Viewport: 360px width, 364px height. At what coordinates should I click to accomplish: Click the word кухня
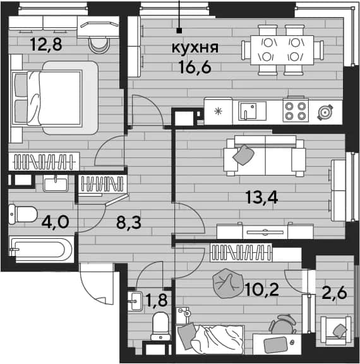(x=195, y=48)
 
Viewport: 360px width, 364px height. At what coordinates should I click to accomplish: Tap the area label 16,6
(x=195, y=67)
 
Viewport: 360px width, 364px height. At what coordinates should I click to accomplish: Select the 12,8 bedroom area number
(x=46, y=44)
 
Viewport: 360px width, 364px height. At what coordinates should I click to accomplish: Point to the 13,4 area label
(x=262, y=198)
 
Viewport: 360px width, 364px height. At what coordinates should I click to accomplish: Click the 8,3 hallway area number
(x=129, y=222)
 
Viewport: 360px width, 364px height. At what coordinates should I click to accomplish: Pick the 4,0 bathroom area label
(x=55, y=222)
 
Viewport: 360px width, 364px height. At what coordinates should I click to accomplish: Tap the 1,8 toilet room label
(x=157, y=300)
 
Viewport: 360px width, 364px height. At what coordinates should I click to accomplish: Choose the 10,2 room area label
(x=262, y=289)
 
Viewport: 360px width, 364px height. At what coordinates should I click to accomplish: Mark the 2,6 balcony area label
(x=335, y=293)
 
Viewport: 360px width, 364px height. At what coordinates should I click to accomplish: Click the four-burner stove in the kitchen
(x=296, y=110)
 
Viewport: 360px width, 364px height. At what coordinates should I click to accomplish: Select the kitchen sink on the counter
(x=252, y=111)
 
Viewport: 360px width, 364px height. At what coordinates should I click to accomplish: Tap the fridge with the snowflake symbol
(x=219, y=111)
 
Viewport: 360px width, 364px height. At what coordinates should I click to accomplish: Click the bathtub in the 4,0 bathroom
(x=41, y=250)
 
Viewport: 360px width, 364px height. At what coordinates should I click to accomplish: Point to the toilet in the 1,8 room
(x=160, y=325)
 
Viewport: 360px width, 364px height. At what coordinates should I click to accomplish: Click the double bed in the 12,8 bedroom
(x=54, y=98)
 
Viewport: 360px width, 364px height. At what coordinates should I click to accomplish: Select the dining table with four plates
(x=282, y=50)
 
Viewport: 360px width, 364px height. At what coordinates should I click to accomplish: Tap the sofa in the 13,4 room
(x=265, y=155)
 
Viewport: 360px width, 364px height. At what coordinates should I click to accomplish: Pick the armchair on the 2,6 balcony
(x=335, y=331)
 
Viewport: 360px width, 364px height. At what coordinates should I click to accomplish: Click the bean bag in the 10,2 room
(x=228, y=283)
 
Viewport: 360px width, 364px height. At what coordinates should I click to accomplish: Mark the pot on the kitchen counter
(x=325, y=112)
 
